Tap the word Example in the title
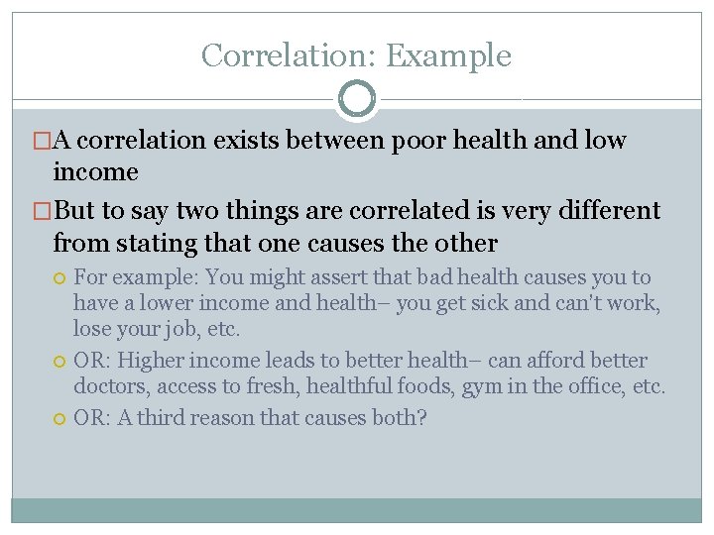click(x=448, y=55)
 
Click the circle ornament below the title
click(x=357, y=99)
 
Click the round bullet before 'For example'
click(x=59, y=278)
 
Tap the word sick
click(x=510, y=303)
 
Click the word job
click(x=178, y=328)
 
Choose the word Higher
click(x=148, y=361)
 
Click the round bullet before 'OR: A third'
click(x=59, y=418)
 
